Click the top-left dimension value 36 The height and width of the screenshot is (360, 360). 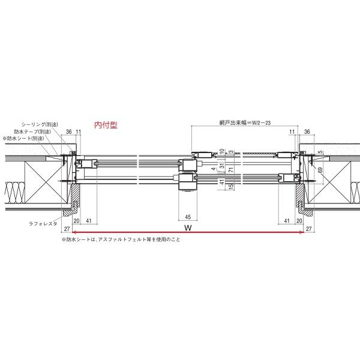[69, 131]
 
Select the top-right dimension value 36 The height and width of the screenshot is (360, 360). [307, 131]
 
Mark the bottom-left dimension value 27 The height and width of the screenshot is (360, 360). [67, 229]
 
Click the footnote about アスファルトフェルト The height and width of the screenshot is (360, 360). [120, 239]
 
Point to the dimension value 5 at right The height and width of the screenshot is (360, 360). [320, 152]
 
